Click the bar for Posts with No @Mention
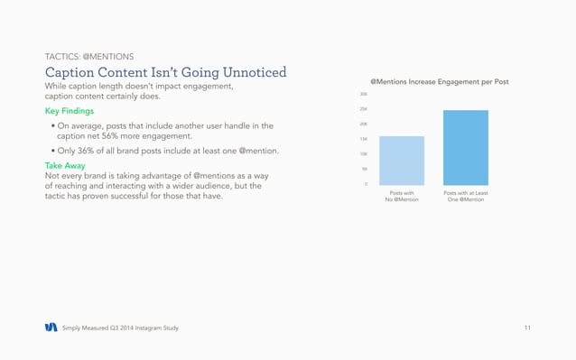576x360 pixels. tap(402, 161)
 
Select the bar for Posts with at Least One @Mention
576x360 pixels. tap(465, 148)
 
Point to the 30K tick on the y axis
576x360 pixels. tap(363, 94)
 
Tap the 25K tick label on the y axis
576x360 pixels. tap(363, 109)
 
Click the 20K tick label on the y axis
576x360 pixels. tap(363, 125)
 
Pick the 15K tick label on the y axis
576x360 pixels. tap(363, 139)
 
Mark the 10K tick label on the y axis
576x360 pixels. tap(363, 154)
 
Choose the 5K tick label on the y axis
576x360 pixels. tap(364, 169)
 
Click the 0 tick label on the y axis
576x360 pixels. tap(365, 184)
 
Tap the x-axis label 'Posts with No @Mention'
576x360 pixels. tap(402, 196)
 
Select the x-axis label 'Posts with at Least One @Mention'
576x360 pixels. tap(465, 196)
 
